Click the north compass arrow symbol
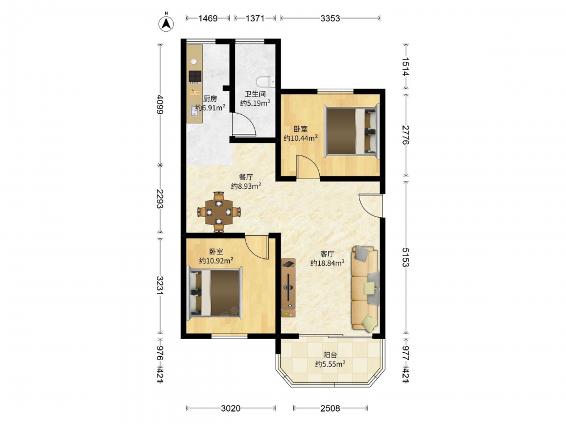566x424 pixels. point(166,23)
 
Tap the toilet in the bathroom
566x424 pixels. point(266,82)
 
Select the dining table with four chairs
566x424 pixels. point(218,212)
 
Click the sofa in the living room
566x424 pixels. point(366,288)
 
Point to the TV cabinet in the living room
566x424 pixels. point(288,288)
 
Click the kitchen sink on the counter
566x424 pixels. point(194,111)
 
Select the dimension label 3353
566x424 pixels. point(331,18)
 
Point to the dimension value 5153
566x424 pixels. point(406,257)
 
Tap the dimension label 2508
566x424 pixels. point(331,408)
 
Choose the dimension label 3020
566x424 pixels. point(231,408)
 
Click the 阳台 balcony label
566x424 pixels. point(330,355)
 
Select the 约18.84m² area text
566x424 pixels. point(327,263)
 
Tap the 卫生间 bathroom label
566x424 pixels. point(255,94)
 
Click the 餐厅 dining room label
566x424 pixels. point(246,177)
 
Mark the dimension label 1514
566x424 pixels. point(406,67)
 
